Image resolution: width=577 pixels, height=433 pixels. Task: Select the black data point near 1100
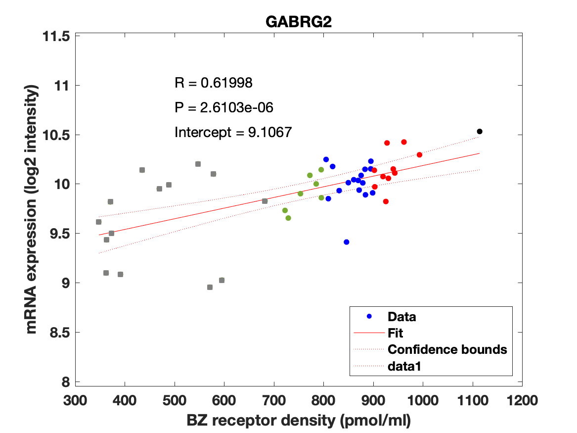click(x=479, y=131)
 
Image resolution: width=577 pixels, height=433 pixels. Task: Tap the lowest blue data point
click(x=347, y=242)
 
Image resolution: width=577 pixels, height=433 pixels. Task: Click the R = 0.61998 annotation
click(x=214, y=83)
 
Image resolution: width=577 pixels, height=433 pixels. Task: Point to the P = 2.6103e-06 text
click(x=224, y=107)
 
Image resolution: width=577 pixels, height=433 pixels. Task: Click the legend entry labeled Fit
click(x=396, y=333)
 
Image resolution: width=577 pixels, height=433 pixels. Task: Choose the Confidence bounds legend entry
click(x=447, y=349)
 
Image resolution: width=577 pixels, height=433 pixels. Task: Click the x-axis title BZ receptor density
click(x=299, y=421)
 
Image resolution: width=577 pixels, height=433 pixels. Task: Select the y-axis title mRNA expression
click(x=33, y=209)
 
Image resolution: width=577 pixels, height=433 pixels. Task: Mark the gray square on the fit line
click(x=265, y=201)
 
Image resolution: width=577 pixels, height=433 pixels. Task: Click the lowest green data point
click(x=288, y=218)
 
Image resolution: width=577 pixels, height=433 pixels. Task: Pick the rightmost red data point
click(x=419, y=155)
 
